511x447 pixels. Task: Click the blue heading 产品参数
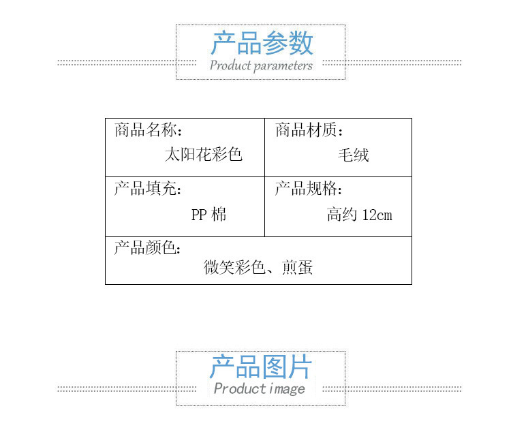pos(262,44)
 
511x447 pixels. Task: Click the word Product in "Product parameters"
pos(230,66)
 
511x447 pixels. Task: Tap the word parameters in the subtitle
pos(283,66)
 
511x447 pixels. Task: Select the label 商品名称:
pos(149,130)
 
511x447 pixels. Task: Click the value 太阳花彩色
pos(204,155)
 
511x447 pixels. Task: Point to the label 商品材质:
pos(309,130)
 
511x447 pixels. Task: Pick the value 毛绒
pos(354,155)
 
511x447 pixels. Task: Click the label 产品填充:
pos(148,189)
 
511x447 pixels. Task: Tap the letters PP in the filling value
pos(199,215)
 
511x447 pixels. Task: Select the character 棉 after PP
pos(219,215)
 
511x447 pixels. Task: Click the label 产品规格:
pos(309,189)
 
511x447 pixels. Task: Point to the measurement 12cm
pos(377,215)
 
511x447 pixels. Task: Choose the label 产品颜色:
pos(148,248)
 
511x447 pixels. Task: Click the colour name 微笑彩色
pos(234,268)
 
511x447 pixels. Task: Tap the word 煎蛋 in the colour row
pos(297,268)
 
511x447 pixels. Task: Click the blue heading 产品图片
pos(260,367)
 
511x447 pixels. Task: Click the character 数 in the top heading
pos(300,44)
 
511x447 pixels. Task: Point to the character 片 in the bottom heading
pos(299,367)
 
